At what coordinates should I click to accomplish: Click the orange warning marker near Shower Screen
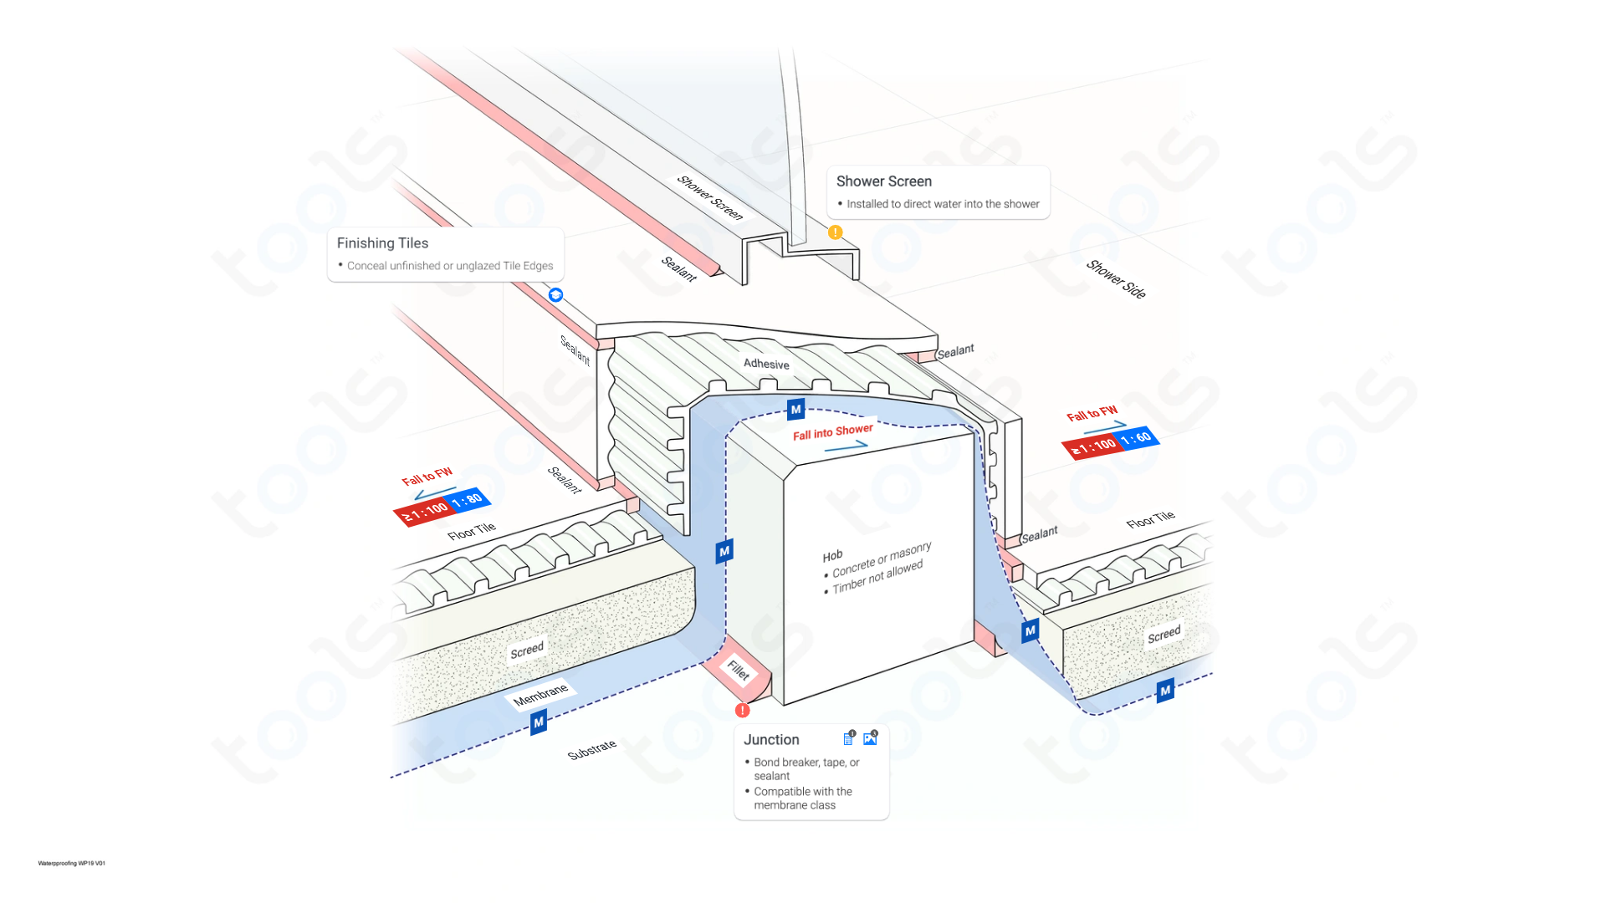pyautogui.click(x=835, y=232)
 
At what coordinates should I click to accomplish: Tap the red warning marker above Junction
pyautogui.click(x=742, y=711)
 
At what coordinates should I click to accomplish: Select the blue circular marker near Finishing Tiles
pyautogui.click(x=555, y=295)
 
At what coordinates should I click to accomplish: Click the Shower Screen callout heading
pyautogui.click(x=883, y=181)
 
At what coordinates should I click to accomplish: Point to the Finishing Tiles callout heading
pyautogui.click(x=382, y=243)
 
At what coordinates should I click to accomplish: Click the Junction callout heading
pyautogui.click(x=771, y=740)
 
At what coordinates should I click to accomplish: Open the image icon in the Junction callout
pyautogui.click(x=870, y=738)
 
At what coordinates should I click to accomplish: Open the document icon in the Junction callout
pyautogui.click(x=848, y=738)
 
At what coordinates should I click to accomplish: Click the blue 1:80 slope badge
pyautogui.click(x=467, y=501)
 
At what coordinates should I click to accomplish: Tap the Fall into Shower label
pyautogui.click(x=832, y=432)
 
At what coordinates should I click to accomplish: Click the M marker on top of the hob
pyautogui.click(x=795, y=410)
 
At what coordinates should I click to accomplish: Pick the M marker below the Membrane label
pyautogui.click(x=539, y=722)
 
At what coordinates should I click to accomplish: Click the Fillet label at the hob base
pyautogui.click(x=738, y=670)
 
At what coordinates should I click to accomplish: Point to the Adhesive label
pyautogui.click(x=766, y=364)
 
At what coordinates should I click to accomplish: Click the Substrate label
pyautogui.click(x=591, y=750)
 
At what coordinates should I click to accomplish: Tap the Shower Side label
pyautogui.click(x=1116, y=279)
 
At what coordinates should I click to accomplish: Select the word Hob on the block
pyautogui.click(x=832, y=556)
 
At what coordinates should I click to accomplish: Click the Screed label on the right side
pyautogui.click(x=1164, y=635)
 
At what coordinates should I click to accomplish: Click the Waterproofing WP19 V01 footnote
pyautogui.click(x=72, y=863)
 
